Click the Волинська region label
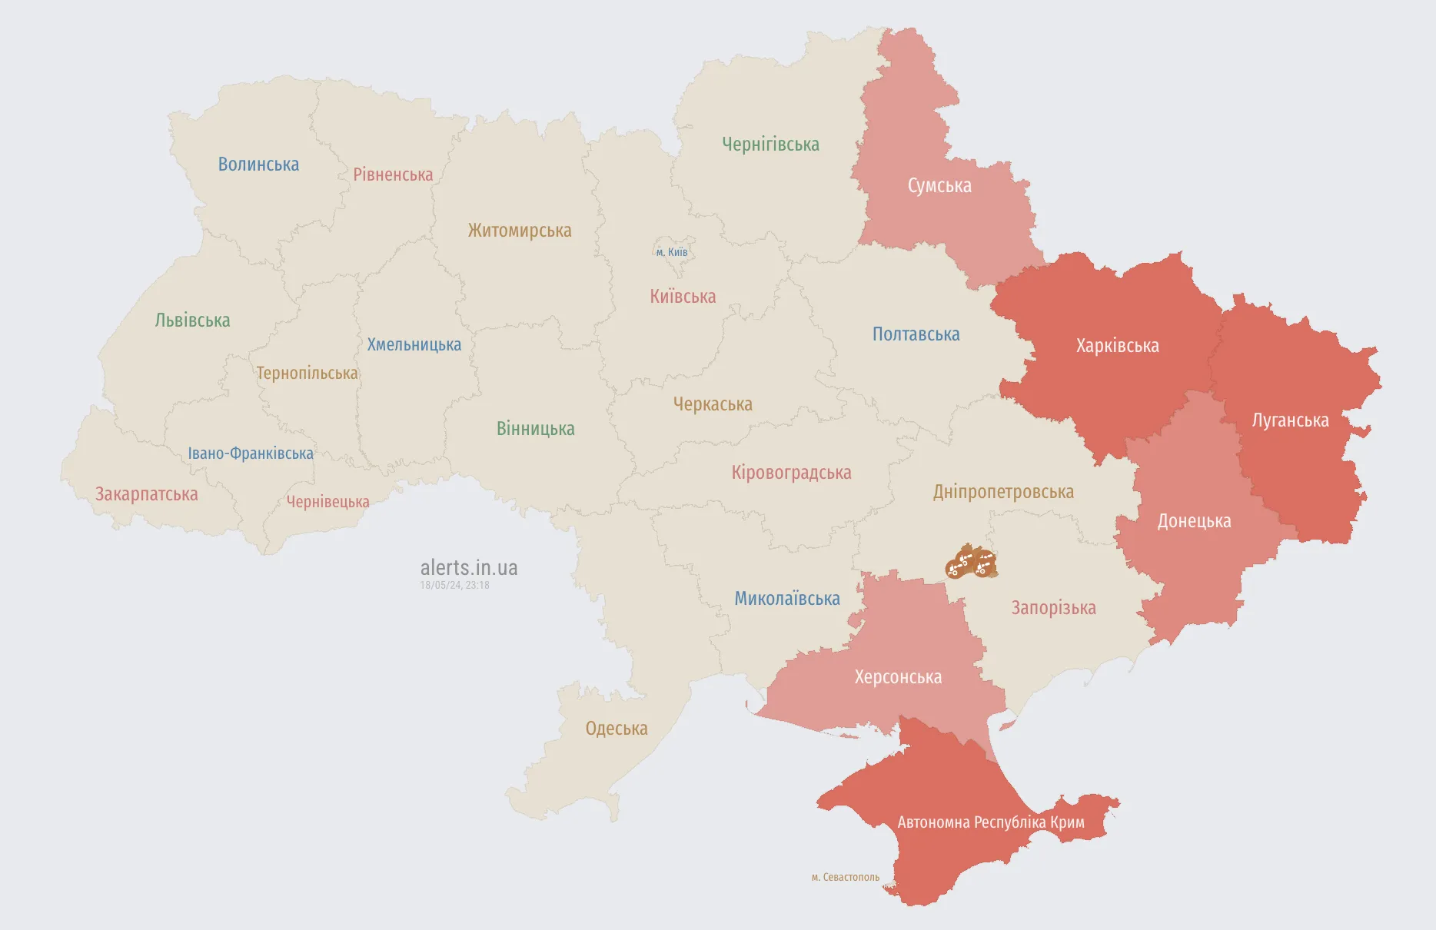tap(258, 164)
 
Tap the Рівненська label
tap(393, 174)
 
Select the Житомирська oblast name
tap(520, 231)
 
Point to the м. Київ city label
tap(672, 252)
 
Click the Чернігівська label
tap(770, 144)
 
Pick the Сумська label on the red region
tap(939, 186)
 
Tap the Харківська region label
tap(1117, 346)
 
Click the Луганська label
tap(1290, 420)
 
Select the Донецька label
tap(1194, 521)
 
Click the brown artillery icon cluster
tap(972, 563)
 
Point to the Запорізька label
tap(1053, 608)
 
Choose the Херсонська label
tap(898, 677)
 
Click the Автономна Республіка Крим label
tap(991, 822)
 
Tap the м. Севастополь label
tap(845, 877)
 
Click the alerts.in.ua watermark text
tap(469, 568)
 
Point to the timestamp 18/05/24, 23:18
tap(454, 586)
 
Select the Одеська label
tap(617, 729)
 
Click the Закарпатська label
tap(146, 494)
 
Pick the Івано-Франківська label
tap(251, 453)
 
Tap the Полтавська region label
tap(916, 334)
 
